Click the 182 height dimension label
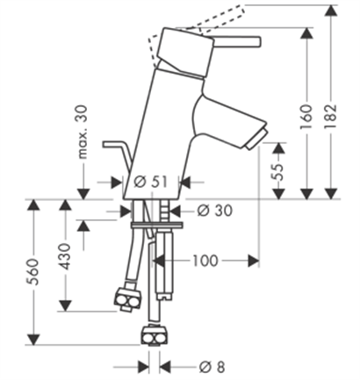(331, 117)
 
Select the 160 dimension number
(306, 117)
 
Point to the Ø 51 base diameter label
(151, 182)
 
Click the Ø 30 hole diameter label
(215, 210)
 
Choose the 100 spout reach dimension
(205, 261)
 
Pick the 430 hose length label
(65, 256)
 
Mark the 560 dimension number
(32, 272)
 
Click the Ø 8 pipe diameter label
(212, 367)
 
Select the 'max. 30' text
(83, 132)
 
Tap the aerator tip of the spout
(257, 137)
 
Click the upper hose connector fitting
(127, 299)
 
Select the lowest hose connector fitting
(155, 335)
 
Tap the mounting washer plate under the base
(156, 225)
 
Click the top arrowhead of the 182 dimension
(331, 11)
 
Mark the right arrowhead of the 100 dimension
(254, 261)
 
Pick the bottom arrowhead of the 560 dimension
(32, 339)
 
